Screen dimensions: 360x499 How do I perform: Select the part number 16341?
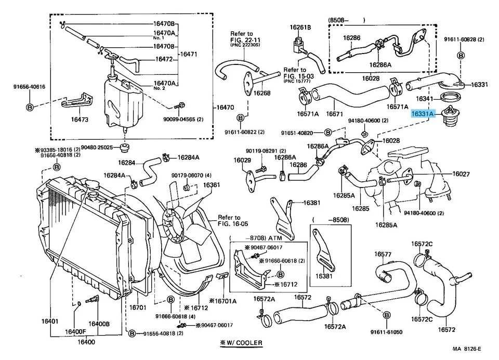[425, 98]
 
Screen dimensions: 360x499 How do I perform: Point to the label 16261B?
[300, 27]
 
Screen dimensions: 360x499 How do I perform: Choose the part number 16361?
[211, 185]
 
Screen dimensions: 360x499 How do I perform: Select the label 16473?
[80, 119]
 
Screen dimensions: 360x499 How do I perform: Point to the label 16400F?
[75, 331]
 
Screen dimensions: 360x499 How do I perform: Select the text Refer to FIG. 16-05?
[229, 221]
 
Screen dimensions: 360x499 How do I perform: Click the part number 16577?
[383, 254]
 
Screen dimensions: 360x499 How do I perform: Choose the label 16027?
[461, 174]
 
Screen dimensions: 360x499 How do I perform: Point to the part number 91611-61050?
[386, 331]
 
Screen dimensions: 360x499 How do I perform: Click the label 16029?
[242, 161]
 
